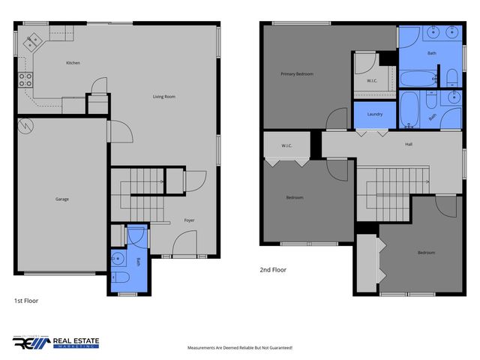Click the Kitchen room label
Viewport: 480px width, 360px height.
(x=73, y=63)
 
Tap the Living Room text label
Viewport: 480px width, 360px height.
(x=164, y=97)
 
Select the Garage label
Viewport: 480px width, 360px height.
(x=62, y=199)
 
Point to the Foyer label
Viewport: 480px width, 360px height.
(x=190, y=220)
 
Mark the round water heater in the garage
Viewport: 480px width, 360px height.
(x=26, y=126)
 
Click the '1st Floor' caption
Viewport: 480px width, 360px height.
(x=25, y=301)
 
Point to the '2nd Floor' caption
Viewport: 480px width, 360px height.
(x=274, y=270)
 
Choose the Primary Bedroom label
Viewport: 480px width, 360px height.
(x=297, y=74)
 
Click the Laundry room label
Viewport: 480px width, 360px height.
(x=375, y=114)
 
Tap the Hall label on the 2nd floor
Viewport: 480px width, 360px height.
(x=408, y=145)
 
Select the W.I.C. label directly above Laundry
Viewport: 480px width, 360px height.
(x=371, y=81)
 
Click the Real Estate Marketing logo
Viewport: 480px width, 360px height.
(x=55, y=343)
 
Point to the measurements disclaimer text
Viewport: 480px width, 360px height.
(x=239, y=348)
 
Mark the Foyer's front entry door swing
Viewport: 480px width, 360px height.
(x=185, y=244)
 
